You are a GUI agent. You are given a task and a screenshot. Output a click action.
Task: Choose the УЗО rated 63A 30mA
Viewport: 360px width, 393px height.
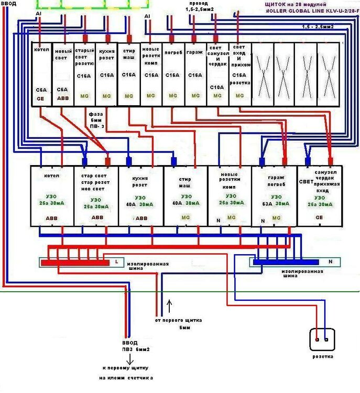pos(274,196)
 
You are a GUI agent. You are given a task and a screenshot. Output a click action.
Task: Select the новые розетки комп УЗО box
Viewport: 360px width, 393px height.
pos(230,196)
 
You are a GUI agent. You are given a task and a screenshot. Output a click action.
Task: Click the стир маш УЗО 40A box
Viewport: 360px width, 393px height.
pos(185,196)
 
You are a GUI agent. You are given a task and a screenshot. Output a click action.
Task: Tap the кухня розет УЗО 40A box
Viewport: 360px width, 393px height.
pos(140,196)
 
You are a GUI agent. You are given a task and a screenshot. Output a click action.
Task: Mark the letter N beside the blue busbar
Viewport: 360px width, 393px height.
pos(331,261)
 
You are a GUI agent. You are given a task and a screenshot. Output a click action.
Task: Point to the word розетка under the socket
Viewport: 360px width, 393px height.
pos(321,357)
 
